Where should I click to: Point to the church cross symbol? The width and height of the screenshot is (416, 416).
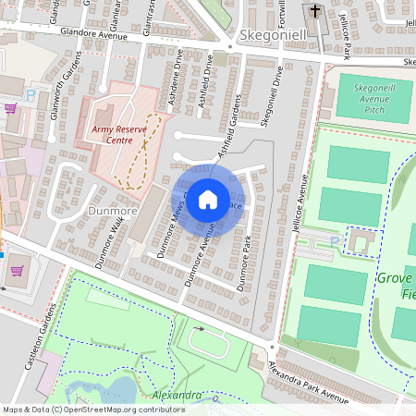click(x=316, y=12)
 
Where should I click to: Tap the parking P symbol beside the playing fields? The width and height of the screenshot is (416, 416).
click(x=334, y=242)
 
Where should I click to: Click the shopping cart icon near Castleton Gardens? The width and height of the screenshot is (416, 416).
click(x=16, y=271)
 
